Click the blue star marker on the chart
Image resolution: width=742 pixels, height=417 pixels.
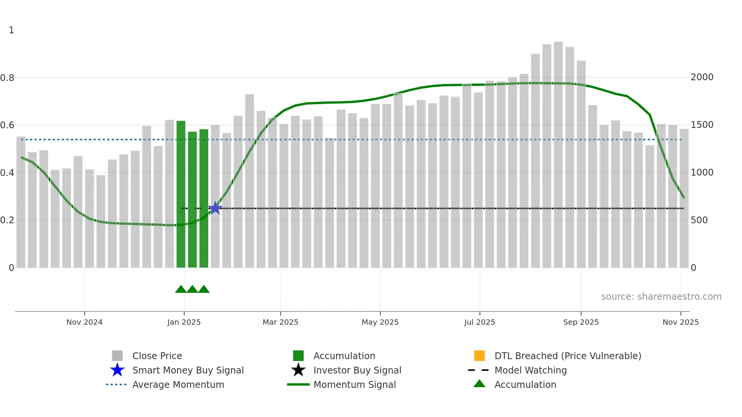coord(215,208)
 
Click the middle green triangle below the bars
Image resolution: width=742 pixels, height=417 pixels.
coord(192,289)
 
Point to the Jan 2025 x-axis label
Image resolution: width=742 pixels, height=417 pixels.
coord(184,322)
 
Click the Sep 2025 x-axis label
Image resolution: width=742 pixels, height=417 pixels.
coord(581,322)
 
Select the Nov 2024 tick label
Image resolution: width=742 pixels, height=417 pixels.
coord(84,322)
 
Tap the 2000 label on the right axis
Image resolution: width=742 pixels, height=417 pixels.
coord(702,77)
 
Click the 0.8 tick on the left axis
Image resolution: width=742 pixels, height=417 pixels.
coord(8,78)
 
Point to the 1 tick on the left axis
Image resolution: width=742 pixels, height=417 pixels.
coord(11,30)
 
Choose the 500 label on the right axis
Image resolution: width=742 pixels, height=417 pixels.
coord(699,220)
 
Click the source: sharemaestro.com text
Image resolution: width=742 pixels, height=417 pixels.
coord(661,297)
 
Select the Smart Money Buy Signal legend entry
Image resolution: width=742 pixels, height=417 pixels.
coord(188,370)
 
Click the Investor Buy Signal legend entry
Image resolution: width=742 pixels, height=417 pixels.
coord(357,370)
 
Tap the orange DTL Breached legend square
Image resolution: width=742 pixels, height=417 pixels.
coord(479,356)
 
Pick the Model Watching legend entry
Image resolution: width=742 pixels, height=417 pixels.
coord(530,370)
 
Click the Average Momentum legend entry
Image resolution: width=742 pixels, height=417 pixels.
coord(178,384)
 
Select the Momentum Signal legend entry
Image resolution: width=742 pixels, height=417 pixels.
coord(354,384)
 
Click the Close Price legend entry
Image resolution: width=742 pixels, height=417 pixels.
coord(157,356)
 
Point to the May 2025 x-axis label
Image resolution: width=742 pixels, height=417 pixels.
coord(380,322)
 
